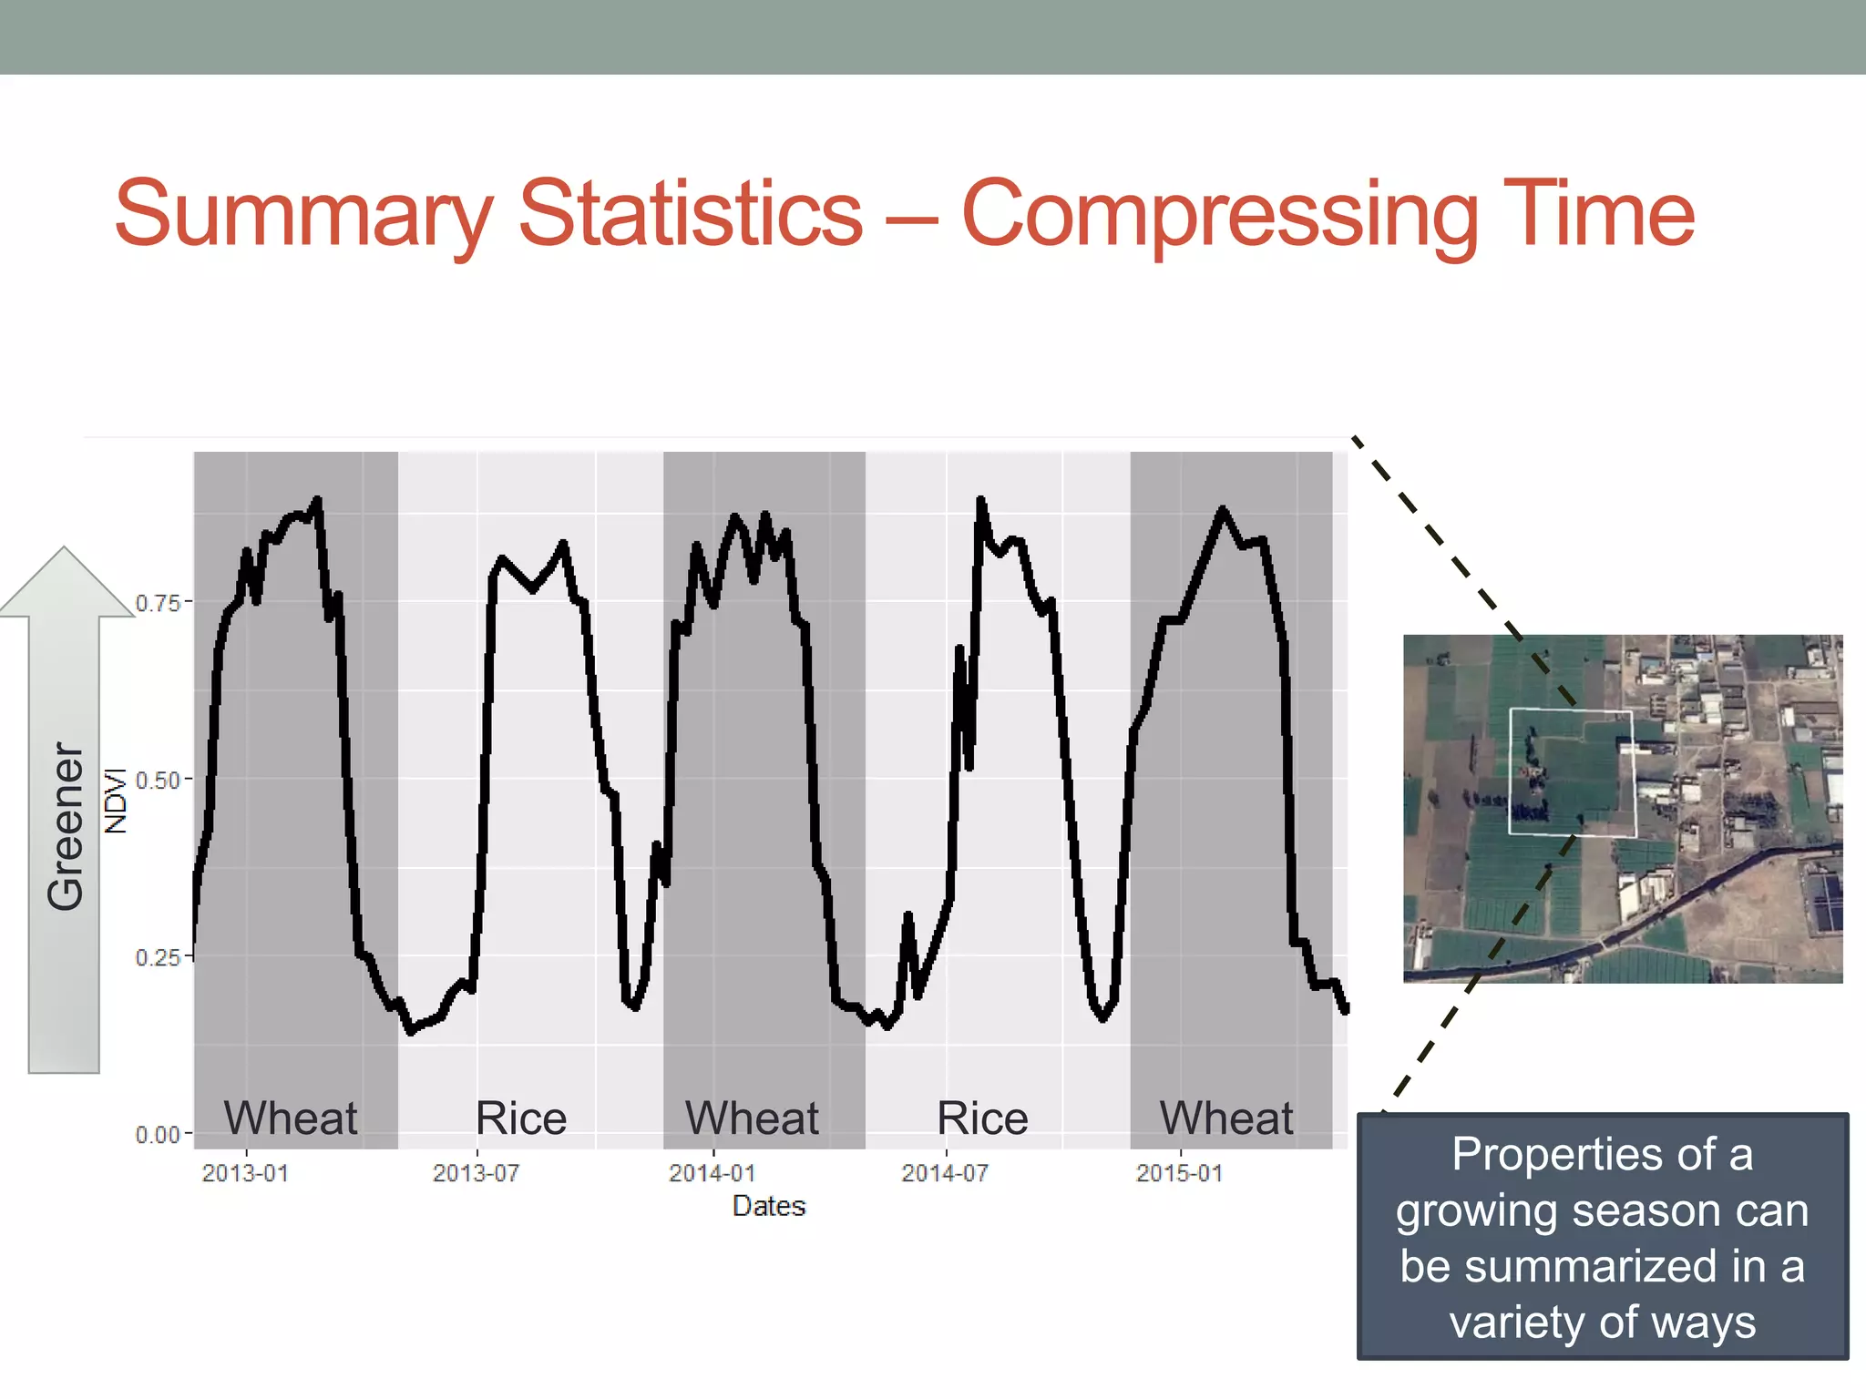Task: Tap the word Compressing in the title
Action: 1220,215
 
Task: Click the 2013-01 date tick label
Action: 245,1173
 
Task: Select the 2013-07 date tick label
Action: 476,1173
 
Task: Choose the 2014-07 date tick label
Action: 945,1173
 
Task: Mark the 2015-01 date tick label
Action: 1179,1173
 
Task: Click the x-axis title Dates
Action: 769,1206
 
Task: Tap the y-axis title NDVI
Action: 116,800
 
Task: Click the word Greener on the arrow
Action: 66,825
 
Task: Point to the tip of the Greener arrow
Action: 64,550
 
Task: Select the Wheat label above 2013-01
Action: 291,1118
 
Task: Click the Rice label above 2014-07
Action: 982,1118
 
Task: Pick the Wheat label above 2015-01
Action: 1225,1118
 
